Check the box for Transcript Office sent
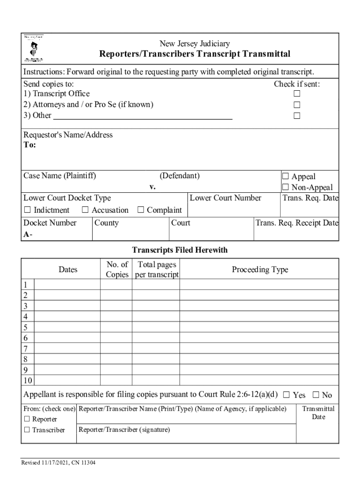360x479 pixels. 296,94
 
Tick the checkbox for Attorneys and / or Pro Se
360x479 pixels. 296,105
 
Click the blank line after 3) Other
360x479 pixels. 143,116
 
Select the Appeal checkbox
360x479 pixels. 286,176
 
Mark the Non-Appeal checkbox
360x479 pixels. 286,188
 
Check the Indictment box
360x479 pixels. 28,210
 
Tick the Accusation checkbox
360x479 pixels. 86,210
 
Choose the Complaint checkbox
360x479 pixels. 141,210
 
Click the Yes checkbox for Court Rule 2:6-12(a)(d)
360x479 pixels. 287,395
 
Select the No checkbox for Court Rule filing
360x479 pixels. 316,395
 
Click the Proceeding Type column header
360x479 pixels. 259,269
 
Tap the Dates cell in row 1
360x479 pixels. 67,284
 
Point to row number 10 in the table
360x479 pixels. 28,380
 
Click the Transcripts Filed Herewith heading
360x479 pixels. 180,250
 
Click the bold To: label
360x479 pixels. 29,145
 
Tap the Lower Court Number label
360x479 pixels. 225,198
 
